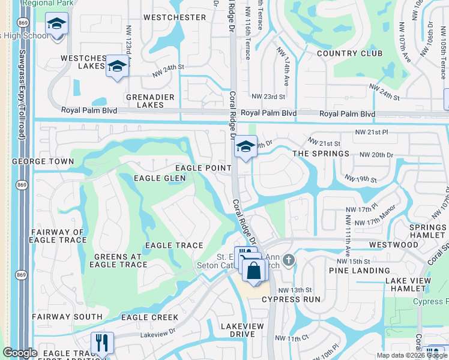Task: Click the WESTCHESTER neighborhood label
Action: [x=175, y=17]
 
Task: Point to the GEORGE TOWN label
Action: [x=43, y=161]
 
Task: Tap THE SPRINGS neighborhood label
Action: [x=321, y=154]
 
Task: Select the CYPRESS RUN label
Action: [x=291, y=299]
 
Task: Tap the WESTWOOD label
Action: [x=394, y=245]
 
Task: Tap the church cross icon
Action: [x=289, y=260]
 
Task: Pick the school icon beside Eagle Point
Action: [x=245, y=146]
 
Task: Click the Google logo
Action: [x=20, y=353]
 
